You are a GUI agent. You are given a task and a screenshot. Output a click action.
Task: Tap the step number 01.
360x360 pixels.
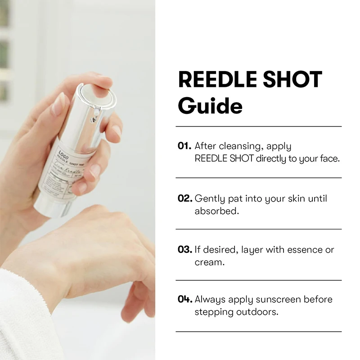(x=184, y=146)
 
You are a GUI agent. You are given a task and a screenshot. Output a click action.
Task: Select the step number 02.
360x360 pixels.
(x=184, y=198)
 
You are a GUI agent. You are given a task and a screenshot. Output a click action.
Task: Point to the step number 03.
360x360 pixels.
(x=184, y=249)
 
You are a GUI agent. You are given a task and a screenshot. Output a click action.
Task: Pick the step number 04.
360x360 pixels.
(x=184, y=300)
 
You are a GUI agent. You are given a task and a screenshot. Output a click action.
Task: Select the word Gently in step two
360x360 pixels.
(x=210, y=198)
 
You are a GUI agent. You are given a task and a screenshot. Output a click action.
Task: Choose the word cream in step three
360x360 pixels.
(x=208, y=261)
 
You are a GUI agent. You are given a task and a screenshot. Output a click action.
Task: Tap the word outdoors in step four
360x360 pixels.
(x=258, y=312)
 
